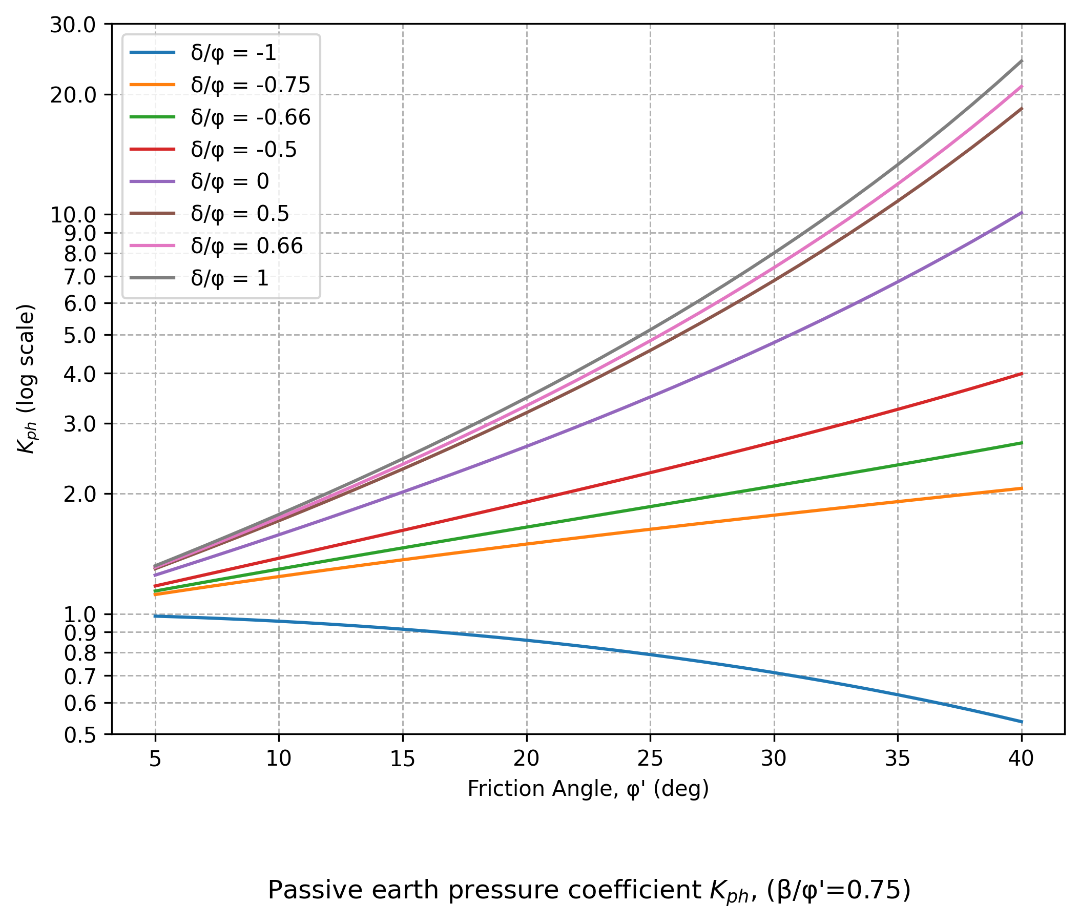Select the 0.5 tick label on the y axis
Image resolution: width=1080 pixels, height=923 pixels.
point(79,736)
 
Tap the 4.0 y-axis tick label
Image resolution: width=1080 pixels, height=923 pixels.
point(79,375)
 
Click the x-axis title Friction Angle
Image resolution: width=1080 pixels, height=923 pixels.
point(588,789)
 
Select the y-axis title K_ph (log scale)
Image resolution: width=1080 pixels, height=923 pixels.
point(26,379)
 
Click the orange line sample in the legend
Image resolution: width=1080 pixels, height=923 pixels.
point(152,85)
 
